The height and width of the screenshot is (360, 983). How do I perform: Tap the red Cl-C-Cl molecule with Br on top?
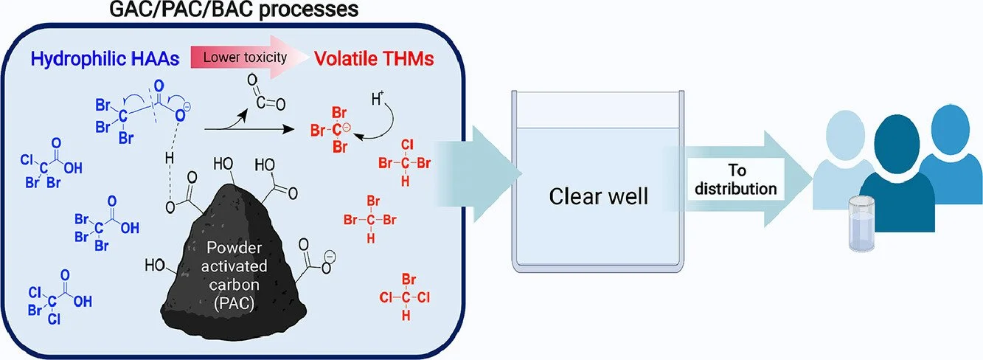pos(405,298)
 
